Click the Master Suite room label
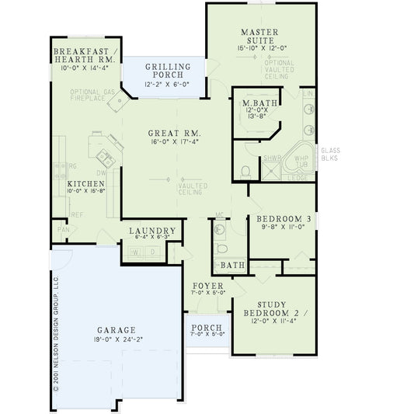tap(259, 37)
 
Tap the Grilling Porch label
tap(169, 71)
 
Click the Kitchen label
tap(75, 183)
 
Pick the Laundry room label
tap(151, 231)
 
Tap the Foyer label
tap(207, 286)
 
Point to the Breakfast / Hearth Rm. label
tap(84, 54)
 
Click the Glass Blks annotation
tap(330, 153)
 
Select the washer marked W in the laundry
tap(136, 252)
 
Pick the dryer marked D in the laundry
tap(152, 252)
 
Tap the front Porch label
tap(207, 328)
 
